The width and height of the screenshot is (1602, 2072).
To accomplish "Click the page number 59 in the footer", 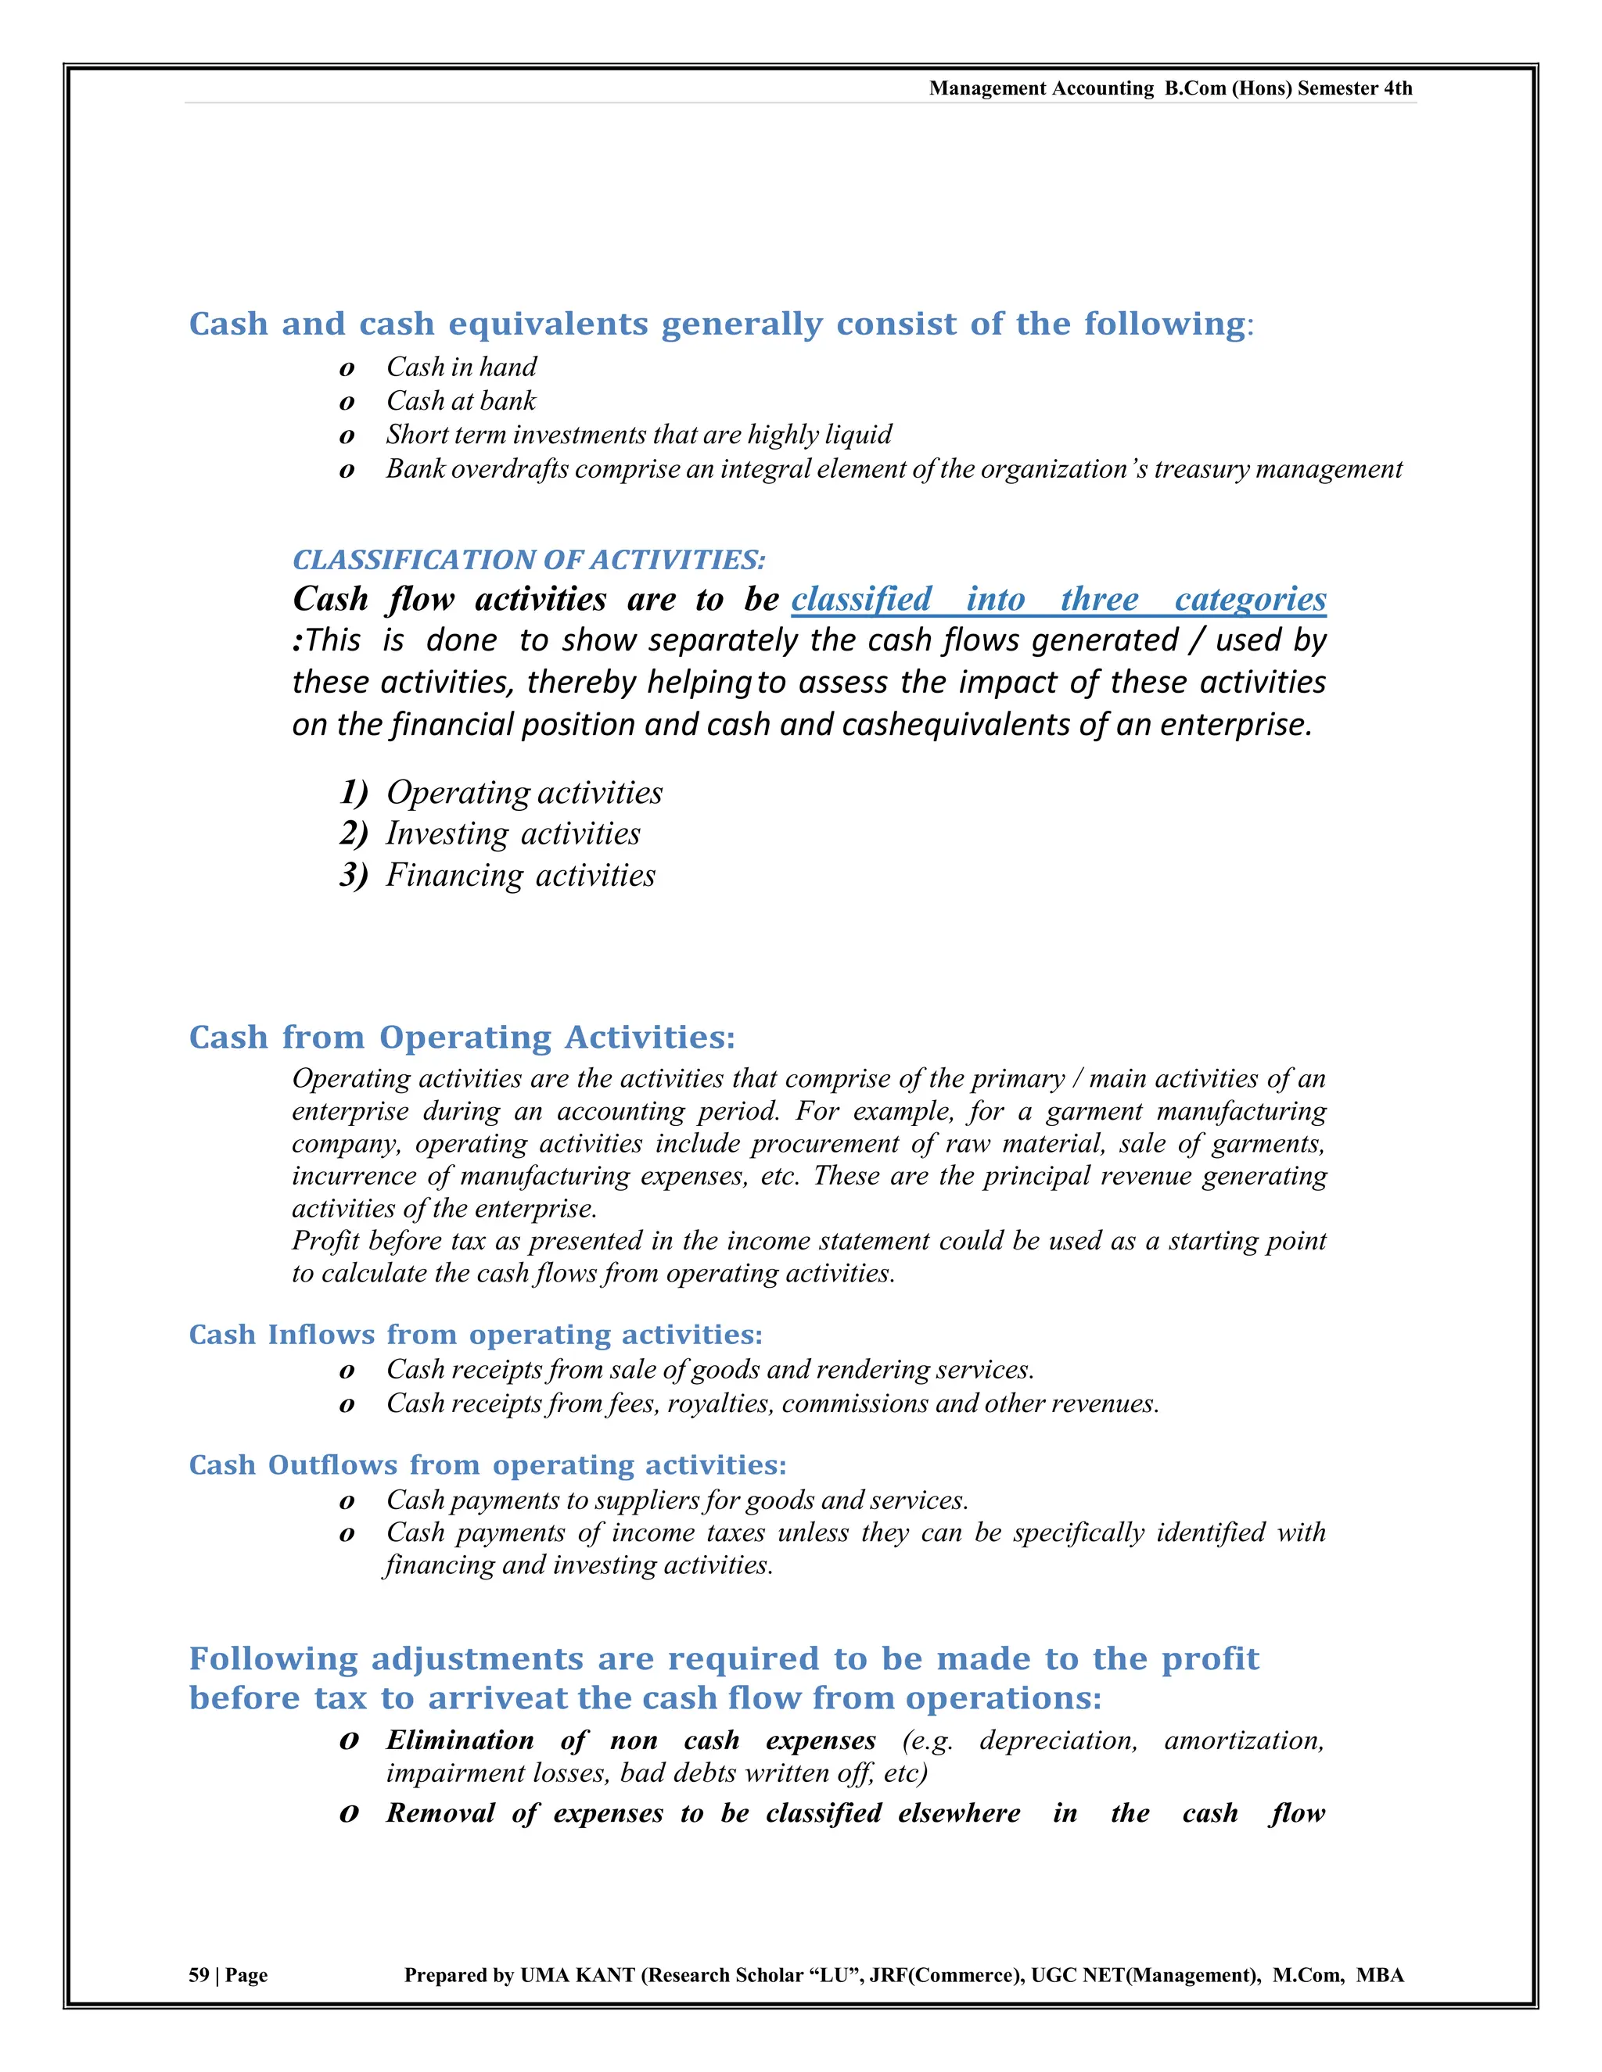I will pos(199,1974).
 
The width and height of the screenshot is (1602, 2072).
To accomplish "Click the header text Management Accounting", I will pos(1040,88).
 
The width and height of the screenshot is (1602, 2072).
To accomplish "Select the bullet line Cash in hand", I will pos(462,367).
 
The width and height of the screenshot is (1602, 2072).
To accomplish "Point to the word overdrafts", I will pos(510,470).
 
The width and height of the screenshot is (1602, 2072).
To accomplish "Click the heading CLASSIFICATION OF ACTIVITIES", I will pos(529,560).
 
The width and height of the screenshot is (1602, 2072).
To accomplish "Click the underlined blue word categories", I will pos(1250,600).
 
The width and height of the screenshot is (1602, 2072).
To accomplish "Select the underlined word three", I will pos(1099,600).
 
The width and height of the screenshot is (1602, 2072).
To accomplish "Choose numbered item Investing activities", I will pos(512,834).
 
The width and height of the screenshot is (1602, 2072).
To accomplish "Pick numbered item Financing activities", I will pos(520,876).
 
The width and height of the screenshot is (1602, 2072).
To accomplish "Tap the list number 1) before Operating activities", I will pos(353,792).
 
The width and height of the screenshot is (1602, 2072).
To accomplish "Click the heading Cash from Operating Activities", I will pos(462,1037).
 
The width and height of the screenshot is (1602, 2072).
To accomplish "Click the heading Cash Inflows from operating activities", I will pos(476,1335).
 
